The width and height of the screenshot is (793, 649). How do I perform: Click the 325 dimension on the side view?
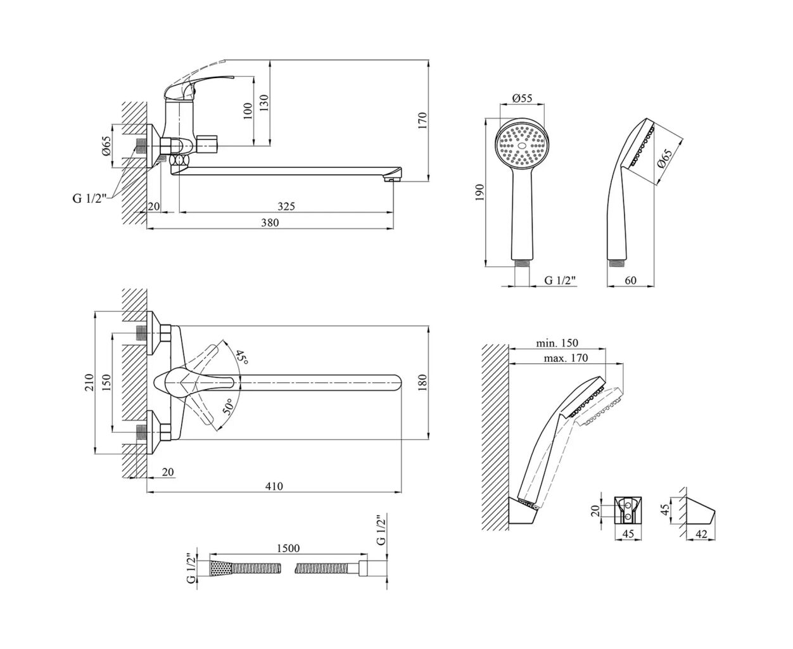click(286, 206)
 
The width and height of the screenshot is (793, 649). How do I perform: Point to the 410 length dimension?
click(274, 486)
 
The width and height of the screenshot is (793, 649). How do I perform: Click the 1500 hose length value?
click(288, 548)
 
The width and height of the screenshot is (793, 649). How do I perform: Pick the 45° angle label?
click(241, 358)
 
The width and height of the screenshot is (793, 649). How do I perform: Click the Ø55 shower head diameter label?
click(521, 98)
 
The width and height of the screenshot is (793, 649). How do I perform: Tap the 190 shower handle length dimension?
click(479, 192)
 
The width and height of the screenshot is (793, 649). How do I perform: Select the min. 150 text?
click(557, 343)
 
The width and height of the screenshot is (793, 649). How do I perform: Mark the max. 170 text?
click(566, 358)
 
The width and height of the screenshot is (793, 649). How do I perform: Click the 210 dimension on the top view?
click(89, 382)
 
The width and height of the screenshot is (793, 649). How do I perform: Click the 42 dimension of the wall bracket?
click(701, 534)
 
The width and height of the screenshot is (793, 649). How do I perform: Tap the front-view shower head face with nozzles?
click(521, 145)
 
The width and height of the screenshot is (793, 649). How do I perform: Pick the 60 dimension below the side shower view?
click(630, 280)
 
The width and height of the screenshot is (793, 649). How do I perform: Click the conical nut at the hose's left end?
click(217, 568)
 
